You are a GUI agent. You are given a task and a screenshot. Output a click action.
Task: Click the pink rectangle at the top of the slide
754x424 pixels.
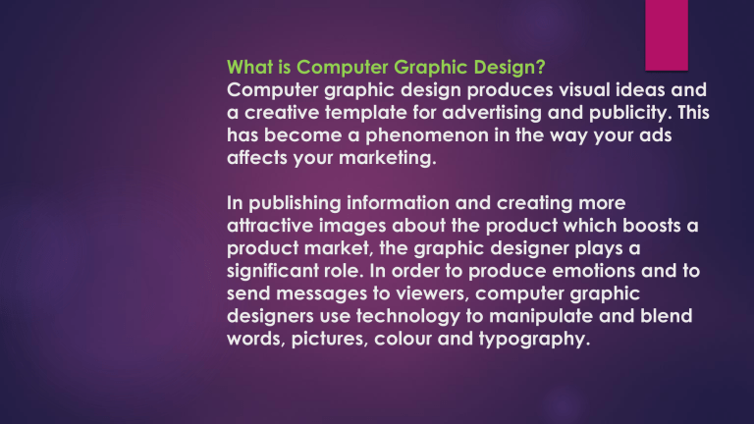point(673,34)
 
